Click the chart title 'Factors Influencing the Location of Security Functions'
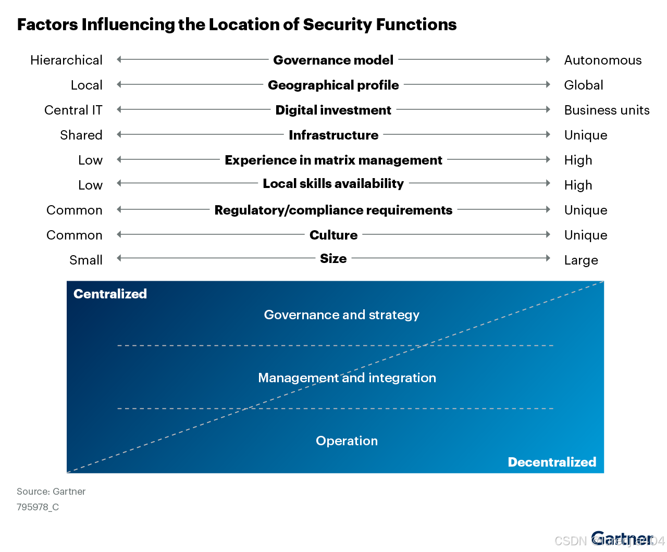point(237,24)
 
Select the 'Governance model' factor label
point(333,60)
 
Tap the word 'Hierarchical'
point(66,60)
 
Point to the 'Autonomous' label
point(602,60)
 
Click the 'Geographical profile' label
point(333,85)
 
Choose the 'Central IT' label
point(73,110)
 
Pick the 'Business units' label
point(607,110)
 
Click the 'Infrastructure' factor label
point(333,135)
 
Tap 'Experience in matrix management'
point(333,160)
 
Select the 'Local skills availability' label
point(333,183)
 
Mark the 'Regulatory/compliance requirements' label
point(333,210)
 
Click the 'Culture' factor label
point(333,235)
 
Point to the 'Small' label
point(86,260)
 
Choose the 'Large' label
point(581,260)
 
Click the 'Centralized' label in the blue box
point(110,294)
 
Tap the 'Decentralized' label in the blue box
point(552,462)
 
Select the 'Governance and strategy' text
point(341,315)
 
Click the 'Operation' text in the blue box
point(347,441)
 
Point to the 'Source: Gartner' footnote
point(51,491)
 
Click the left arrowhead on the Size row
point(119,258)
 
